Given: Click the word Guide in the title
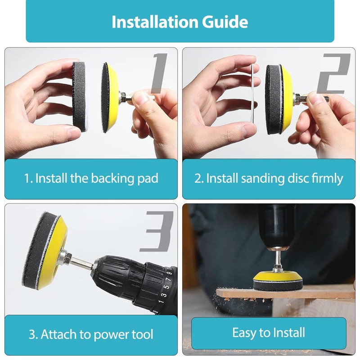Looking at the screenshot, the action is (x=225, y=22).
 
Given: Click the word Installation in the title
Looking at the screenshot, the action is (x=155, y=22).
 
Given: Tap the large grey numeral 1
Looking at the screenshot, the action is (x=159, y=73).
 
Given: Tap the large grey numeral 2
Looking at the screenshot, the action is (x=333, y=73).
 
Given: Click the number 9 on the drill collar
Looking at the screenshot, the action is (x=170, y=273).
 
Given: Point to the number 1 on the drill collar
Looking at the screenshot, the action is (x=161, y=301).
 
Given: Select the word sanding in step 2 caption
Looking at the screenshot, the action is (x=263, y=178).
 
